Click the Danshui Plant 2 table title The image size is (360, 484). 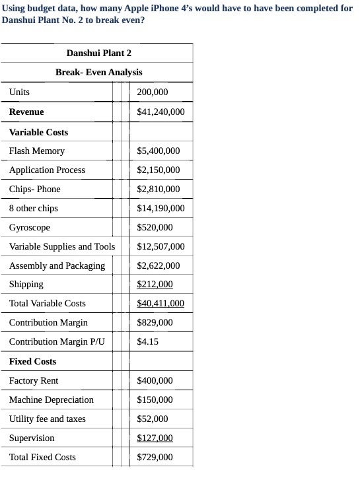coord(98,53)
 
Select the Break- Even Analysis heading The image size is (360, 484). coord(98,72)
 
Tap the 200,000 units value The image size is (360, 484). coord(152,92)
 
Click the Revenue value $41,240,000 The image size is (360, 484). coord(161,112)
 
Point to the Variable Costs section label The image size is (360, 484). coord(38,132)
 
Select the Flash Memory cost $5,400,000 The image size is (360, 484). coord(158,151)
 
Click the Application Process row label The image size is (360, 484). coord(47,170)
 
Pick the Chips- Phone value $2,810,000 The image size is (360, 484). coord(158,189)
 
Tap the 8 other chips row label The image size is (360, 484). coord(33,208)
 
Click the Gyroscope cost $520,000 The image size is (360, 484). coord(155,227)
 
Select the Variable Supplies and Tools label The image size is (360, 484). coord(61,246)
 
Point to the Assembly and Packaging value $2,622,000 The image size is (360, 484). coord(158,265)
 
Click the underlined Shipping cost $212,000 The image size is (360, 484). coord(155,284)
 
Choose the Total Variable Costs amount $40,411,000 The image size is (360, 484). coord(161,303)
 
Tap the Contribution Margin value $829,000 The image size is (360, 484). coord(155,322)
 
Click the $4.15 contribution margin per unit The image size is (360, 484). coord(147,341)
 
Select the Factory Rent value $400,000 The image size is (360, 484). coord(155,380)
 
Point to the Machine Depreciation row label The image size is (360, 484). coord(51,399)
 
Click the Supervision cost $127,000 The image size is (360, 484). coord(155,438)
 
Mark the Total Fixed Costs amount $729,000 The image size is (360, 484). coord(155,457)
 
